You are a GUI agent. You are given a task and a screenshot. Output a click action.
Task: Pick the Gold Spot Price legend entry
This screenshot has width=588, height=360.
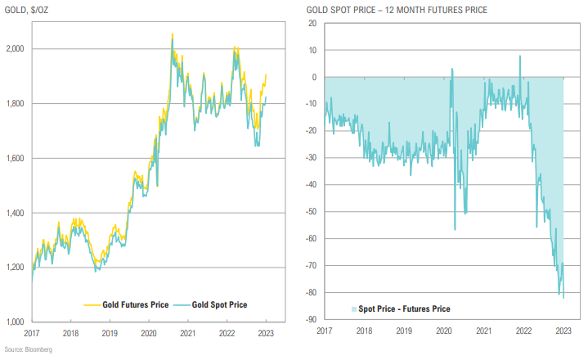click(x=217, y=305)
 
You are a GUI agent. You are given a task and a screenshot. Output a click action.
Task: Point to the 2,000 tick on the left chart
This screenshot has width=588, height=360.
click(x=16, y=50)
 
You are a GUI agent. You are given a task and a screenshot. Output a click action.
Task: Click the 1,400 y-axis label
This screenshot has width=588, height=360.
click(x=16, y=214)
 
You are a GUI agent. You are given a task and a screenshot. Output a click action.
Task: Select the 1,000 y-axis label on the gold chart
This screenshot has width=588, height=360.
click(x=16, y=322)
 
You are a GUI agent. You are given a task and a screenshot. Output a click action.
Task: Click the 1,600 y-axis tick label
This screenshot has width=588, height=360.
click(x=16, y=159)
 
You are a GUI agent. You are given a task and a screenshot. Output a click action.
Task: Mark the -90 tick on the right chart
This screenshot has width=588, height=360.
click(x=312, y=320)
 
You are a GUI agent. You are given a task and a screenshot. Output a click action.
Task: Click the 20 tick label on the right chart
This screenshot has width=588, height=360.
click(x=313, y=24)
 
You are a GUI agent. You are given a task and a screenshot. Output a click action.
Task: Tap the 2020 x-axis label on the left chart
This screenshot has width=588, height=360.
click(x=149, y=334)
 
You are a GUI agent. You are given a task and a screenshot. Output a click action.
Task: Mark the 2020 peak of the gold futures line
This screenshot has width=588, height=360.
click(x=172, y=34)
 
